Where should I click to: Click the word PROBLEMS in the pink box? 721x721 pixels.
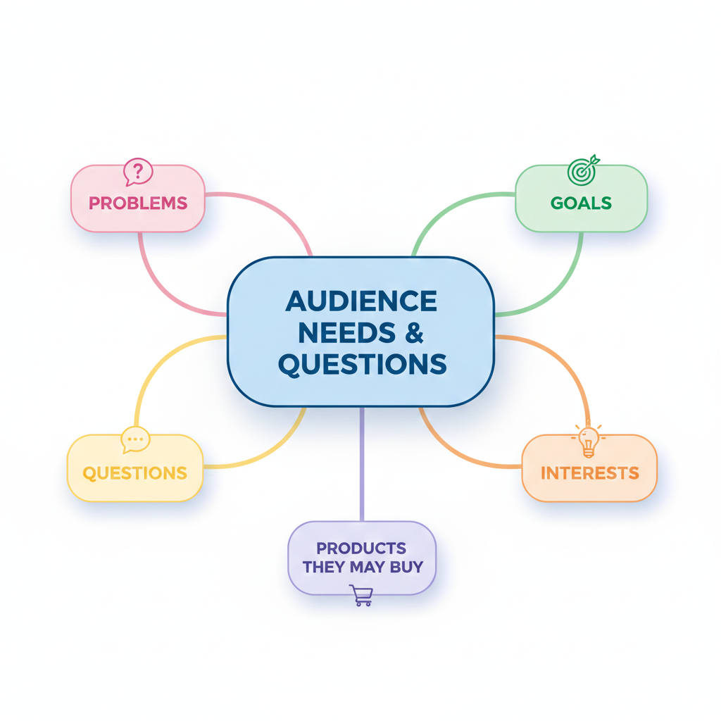[138, 203]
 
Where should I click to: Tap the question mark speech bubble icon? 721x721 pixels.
[138, 172]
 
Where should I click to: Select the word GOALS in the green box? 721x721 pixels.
[581, 203]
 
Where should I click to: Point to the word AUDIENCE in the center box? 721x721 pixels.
[361, 301]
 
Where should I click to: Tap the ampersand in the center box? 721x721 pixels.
[415, 333]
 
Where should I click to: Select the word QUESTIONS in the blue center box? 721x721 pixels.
[362, 365]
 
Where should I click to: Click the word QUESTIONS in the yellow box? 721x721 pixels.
[135, 472]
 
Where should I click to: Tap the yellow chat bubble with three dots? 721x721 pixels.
[135, 440]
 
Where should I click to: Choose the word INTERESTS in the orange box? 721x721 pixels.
[589, 472]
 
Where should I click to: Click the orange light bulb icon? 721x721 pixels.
[589, 440]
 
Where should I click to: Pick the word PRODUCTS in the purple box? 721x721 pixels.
[361, 548]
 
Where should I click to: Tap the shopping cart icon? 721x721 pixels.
[361, 596]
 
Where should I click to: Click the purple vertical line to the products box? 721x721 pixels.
[361, 465]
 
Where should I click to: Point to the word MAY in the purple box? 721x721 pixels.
[368, 566]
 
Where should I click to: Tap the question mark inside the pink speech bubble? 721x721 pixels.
[139, 170]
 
